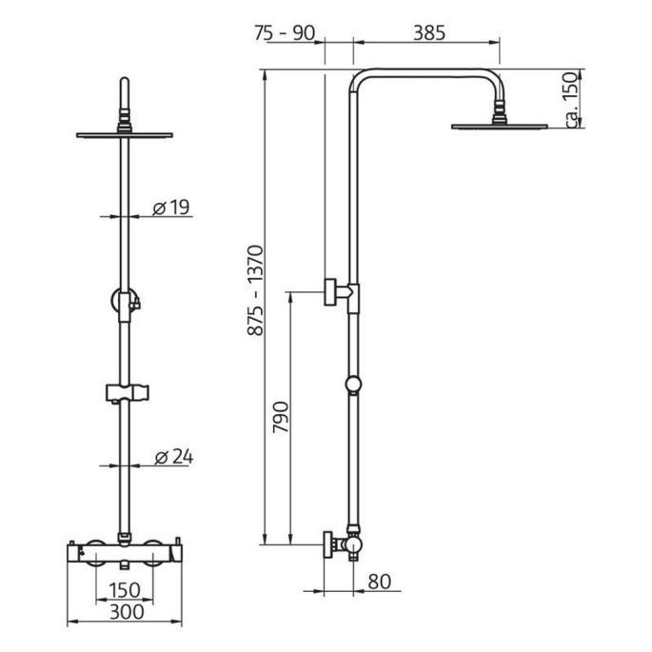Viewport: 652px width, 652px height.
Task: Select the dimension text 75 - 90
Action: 285,33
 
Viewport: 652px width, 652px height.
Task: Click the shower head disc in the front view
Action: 124,134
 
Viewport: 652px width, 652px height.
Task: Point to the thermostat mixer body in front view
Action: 124,551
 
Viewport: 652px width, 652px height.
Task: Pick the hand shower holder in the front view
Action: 126,391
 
